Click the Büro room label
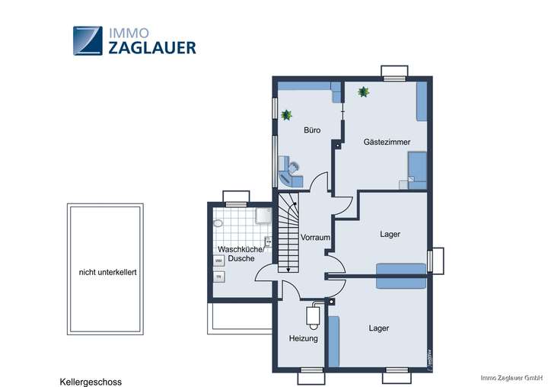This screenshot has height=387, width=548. coord(312,130)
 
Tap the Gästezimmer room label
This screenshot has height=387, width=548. coord(387,142)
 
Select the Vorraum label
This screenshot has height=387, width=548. coord(315,238)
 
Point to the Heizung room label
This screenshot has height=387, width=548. coord(303,338)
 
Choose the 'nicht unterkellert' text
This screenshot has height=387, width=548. coord(107,272)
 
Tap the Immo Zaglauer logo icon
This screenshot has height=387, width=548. coord(88,40)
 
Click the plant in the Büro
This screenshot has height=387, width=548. coord(287,115)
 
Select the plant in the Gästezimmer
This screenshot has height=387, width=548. coord(364,92)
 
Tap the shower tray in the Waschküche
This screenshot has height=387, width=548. coord(263,217)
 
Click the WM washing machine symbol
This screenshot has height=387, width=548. coord(218,261)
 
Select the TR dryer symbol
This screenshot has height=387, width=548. coord(218,277)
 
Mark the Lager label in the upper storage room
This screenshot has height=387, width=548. coord(390,235)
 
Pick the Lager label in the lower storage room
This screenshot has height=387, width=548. coord(379,328)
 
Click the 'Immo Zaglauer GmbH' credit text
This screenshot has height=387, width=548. coord(512,377)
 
